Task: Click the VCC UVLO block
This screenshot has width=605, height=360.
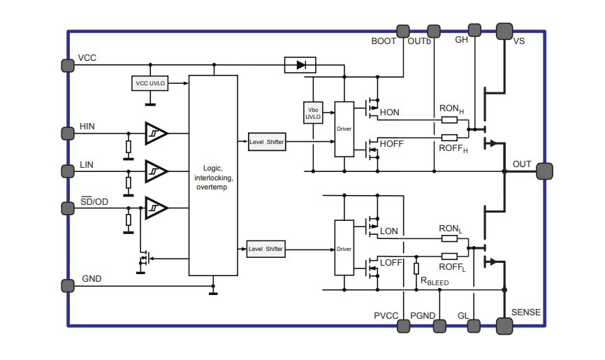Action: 150,83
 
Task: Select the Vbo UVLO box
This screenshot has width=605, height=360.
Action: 313,113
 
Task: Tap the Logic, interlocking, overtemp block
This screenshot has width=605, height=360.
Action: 213,175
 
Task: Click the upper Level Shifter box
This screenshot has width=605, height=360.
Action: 267,142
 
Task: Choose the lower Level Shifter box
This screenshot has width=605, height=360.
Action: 267,249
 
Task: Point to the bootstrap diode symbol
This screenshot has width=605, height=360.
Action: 300,65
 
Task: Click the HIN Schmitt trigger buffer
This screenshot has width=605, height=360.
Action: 156,133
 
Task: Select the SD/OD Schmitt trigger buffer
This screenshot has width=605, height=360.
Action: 156,208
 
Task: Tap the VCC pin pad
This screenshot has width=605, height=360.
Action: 68,65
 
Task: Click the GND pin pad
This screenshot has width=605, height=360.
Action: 68,285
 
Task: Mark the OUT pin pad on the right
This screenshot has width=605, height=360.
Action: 545,171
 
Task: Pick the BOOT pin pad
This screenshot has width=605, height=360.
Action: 403,31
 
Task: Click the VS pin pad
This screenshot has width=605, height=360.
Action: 504,31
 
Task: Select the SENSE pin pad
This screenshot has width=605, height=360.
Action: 504,325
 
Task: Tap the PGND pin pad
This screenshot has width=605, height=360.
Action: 439,325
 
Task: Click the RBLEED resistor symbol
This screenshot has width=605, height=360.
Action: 416,268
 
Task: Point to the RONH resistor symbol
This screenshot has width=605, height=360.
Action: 450,120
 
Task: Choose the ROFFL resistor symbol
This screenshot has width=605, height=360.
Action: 450,256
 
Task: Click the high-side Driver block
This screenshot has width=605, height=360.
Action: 344,129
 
